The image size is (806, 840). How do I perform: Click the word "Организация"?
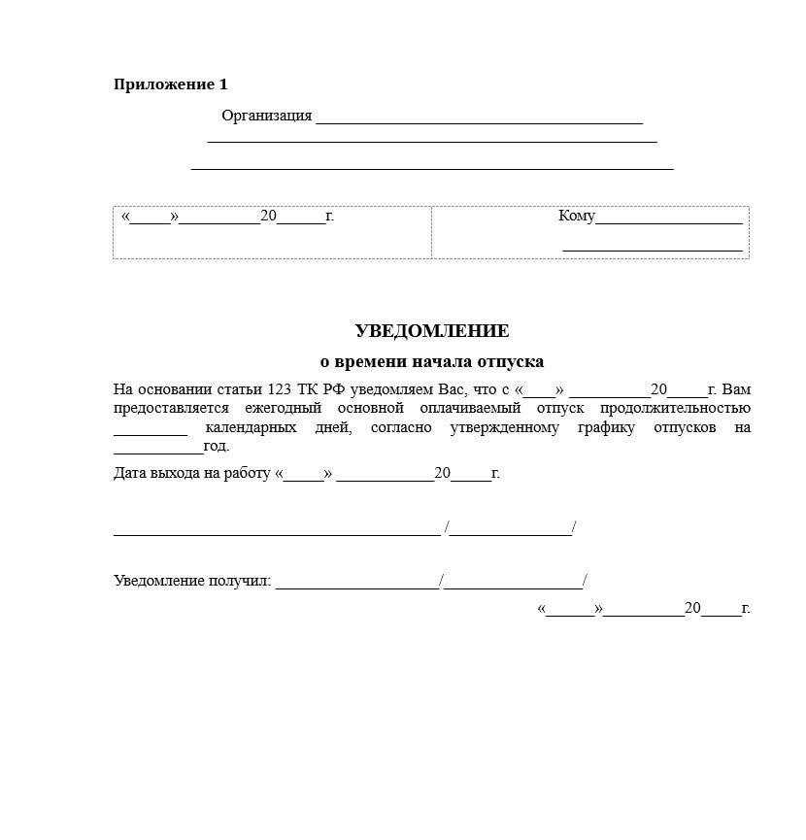pos(266,116)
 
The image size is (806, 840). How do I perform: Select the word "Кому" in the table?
pos(576,216)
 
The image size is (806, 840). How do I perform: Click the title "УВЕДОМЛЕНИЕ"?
pos(432,331)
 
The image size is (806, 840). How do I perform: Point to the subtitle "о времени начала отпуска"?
pos(432,361)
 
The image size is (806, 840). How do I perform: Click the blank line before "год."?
pos(157,451)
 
